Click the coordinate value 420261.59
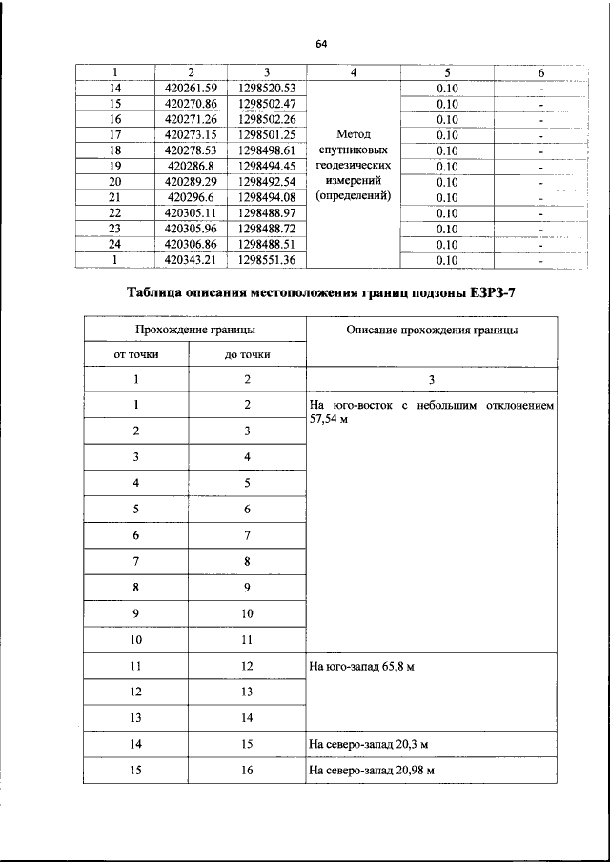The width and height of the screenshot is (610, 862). click(x=191, y=88)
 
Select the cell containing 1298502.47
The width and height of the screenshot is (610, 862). click(x=268, y=103)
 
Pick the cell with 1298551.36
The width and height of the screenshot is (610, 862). click(x=268, y=258)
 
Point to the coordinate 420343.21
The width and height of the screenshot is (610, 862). click(x=191, y=258)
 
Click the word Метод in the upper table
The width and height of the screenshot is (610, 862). click(x=354, y=134)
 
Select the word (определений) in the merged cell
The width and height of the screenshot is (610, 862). click(x=354, y=196)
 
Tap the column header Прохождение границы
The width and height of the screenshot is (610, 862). click(x=194, y=330)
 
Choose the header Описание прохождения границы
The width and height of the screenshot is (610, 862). click(x=432, y=330)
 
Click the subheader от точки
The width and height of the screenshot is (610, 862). click(x=136, y=354)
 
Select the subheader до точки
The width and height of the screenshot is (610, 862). click(x=247, y=354)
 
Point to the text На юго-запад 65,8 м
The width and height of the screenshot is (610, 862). click(x=361, y=667)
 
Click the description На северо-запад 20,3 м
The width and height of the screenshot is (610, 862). click(x=367, y=744)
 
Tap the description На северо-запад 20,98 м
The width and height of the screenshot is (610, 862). click(x=371, y=771)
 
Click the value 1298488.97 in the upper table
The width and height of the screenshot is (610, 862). click(x=268, y=211)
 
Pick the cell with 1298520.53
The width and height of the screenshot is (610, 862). click(x=268, y=88)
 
